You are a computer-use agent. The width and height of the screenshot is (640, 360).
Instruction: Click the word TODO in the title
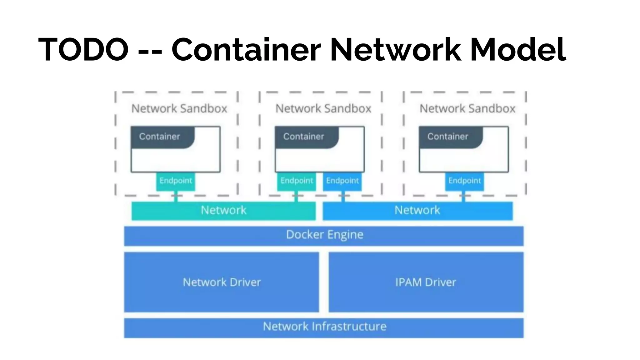click(x=83, y=49)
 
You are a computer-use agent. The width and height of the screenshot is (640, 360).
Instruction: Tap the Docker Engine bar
click(x=324, y=236)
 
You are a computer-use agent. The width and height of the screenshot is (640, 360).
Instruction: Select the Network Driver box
click(x=222, y=282)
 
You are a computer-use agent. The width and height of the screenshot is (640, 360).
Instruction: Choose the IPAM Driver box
click(x=426, y=282)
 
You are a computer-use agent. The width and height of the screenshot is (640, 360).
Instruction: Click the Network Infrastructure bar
click(x=324, y=327)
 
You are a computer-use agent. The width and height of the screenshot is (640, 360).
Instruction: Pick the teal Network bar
click(x=223, y=211)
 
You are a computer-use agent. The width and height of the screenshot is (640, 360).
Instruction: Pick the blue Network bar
click(x=417, y=211)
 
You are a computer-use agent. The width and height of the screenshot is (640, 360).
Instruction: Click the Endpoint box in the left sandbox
click(x=176, y=181)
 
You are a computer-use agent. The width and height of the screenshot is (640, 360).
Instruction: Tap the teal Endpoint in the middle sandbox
click(x=296, y=181)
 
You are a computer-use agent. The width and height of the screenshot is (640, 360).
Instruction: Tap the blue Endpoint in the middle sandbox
click(x=342, y=181)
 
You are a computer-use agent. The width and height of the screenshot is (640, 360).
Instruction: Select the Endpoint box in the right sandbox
click(x=464, y=181)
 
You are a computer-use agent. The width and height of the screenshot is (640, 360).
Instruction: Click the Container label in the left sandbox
click(x=160, y=137)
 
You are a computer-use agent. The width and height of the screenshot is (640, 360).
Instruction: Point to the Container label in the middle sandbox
click(x=304, y=137)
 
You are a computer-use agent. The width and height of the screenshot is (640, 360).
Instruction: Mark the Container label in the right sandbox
click(x=448, y=137)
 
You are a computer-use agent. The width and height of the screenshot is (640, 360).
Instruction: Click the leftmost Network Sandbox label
click(x=179, y=109)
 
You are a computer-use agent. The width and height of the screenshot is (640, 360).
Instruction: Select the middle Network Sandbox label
click(x=323, y=109)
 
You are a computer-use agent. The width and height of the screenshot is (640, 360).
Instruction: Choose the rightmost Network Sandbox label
click(x=467, y=109)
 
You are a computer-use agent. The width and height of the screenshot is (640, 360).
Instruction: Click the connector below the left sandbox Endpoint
click(x=176, y=197)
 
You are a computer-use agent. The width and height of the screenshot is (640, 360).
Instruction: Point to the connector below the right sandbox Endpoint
click(x=463, y=197)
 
